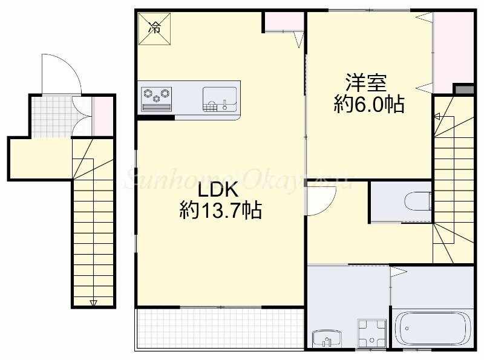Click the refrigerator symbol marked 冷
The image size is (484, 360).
pos(155,27)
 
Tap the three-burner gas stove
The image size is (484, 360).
pos(157,97)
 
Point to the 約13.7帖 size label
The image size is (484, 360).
pos(220,211)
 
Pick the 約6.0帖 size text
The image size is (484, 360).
pos(369,104)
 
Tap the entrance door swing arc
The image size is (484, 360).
pos(60,73)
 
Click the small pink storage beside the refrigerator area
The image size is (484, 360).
pos(283,22)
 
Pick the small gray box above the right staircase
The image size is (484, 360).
pos(463,90)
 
